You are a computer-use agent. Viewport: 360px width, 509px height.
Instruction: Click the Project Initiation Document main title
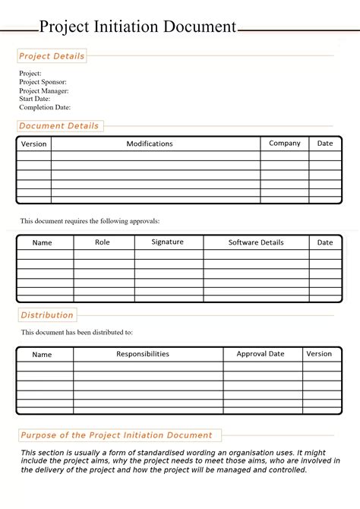pos(137,27)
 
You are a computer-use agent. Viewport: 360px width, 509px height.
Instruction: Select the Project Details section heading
pos(52,56)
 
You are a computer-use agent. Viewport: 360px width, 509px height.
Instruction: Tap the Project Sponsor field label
pos(43,82)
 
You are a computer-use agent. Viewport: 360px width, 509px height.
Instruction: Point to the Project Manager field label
pos(44,90)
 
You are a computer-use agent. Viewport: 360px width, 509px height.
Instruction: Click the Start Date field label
pos(35,99)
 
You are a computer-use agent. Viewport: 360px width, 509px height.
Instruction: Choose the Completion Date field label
pos(45,107)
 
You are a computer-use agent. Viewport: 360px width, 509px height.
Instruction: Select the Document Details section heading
pos(58,126)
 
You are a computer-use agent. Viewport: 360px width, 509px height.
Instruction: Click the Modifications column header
pos(150,144)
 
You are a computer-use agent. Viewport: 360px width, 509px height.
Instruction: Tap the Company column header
pos(285,143)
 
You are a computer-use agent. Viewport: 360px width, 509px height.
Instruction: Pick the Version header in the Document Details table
pos(33,144)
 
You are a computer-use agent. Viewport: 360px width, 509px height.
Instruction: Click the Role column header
pos(103,242)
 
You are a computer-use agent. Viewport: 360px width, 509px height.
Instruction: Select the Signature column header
pos(167,242)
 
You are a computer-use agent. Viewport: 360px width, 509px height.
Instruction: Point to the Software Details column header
pos(256,242)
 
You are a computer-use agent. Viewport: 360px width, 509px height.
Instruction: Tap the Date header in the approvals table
pos(325,243)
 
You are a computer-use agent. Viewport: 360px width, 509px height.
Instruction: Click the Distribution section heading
pos(47,315)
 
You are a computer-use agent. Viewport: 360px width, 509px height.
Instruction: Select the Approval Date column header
pos(261,354)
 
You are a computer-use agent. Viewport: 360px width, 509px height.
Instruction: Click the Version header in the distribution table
pos(319,353)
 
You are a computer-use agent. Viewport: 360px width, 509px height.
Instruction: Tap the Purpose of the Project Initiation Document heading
pos(116,435)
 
